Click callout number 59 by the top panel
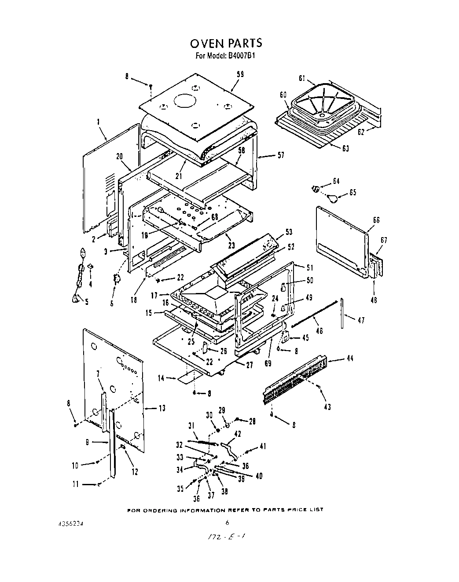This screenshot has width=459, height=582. click(x=240, y=75)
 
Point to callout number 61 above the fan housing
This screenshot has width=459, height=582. click(x=302, y=79)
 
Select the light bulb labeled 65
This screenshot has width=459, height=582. click(x=334, y=198)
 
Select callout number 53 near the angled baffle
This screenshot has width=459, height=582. click(x=289, y=232)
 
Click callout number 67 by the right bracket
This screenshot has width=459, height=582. click(x=384, y=240)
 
